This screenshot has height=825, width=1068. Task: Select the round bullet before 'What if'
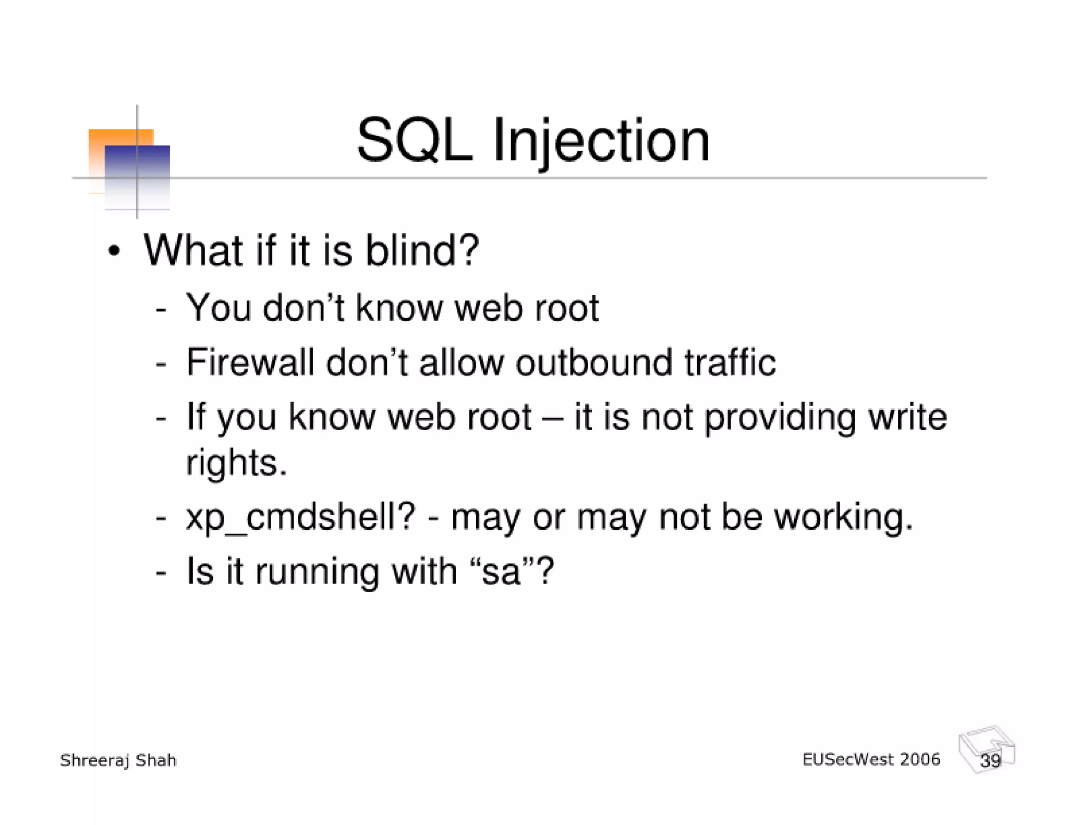coord(114,251)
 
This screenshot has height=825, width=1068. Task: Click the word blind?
coord(421,250)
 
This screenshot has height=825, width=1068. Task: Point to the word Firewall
coord(250,362)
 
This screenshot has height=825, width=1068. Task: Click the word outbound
coord(593,362)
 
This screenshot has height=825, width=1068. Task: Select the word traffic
coord(730,362)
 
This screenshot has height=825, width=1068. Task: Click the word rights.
coord(236,463)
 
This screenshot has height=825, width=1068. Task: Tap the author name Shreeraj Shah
coord(118,760)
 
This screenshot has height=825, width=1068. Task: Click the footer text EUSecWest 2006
coord(871,759)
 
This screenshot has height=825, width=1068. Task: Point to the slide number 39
coord(990,760)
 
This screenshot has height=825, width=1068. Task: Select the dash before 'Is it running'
coord(161,572)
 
